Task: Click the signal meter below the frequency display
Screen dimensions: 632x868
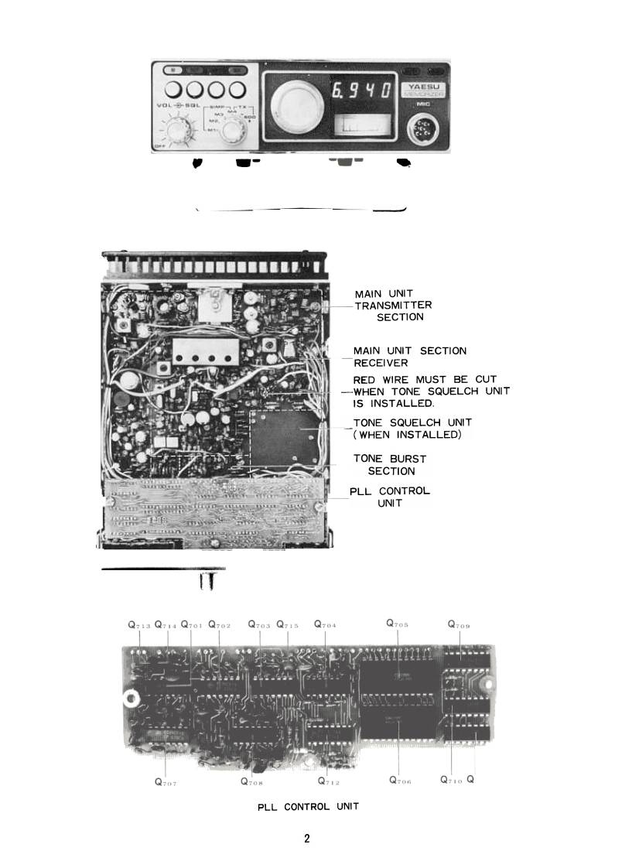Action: coord(361,124)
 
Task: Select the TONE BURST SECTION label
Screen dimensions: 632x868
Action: coord(391,465)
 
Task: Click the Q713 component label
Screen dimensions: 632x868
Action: coord(139,624)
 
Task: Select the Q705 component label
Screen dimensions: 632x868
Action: coord(397,624)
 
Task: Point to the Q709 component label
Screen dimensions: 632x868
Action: coord(459,624)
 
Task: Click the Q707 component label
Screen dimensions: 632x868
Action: coord(166,781)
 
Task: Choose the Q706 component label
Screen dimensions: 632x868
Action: coord(400,780)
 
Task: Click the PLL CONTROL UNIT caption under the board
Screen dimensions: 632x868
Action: coord(308,807)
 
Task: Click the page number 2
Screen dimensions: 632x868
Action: coord(307,839)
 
